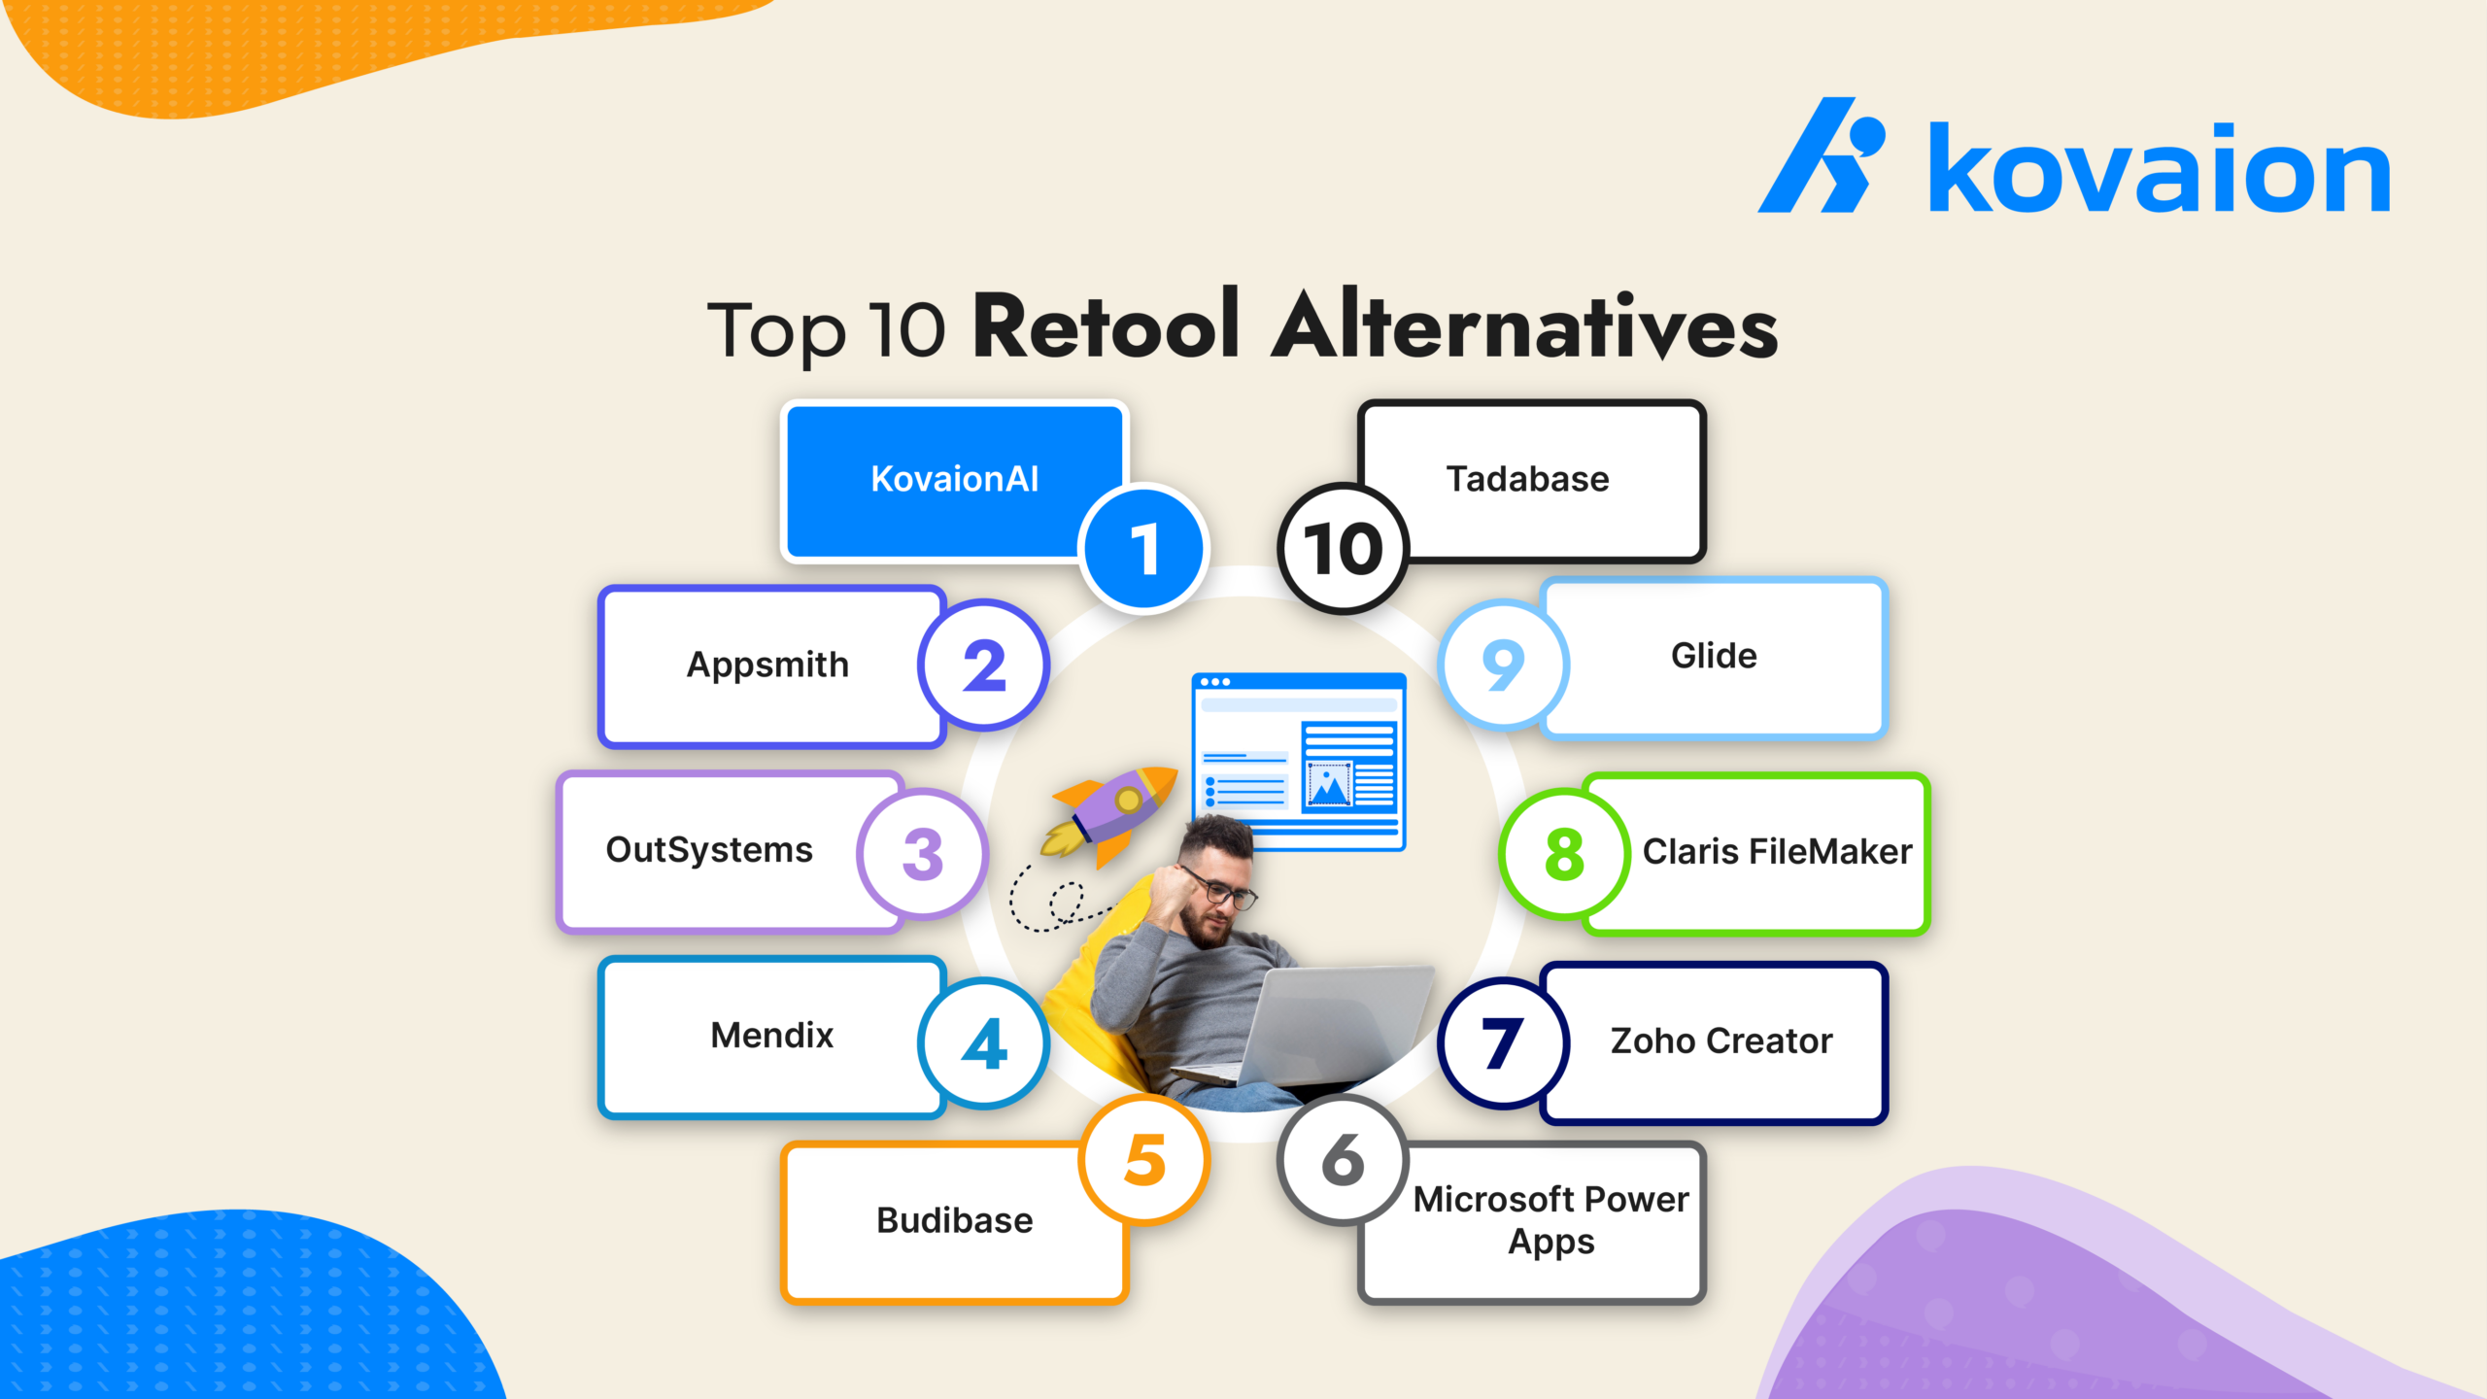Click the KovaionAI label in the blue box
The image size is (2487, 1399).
coord(954,479)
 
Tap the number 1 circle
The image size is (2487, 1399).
coord(1144,549)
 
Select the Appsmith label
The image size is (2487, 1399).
coord(767,665)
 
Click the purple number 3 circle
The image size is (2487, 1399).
coord(923,854)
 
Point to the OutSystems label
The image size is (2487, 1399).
coord(709,850)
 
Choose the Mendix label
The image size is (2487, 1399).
coord(772,1036)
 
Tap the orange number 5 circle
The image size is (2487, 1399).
coord(1144,1160)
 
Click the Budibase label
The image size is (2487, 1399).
coord(954,1220)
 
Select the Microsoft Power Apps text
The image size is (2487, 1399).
coord(1550,1220)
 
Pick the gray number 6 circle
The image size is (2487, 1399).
coord(1343,1160)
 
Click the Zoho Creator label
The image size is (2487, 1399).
coord(1721,1041)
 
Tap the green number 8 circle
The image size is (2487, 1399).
coord(1564,854)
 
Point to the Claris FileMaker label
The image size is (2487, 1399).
coord(1777,852)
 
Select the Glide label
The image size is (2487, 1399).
coord(1714,656)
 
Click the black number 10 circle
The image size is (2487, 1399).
coord(1343,549)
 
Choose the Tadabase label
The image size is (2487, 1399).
coord(1527,479)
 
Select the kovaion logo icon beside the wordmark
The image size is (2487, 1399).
coord(1821,155)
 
